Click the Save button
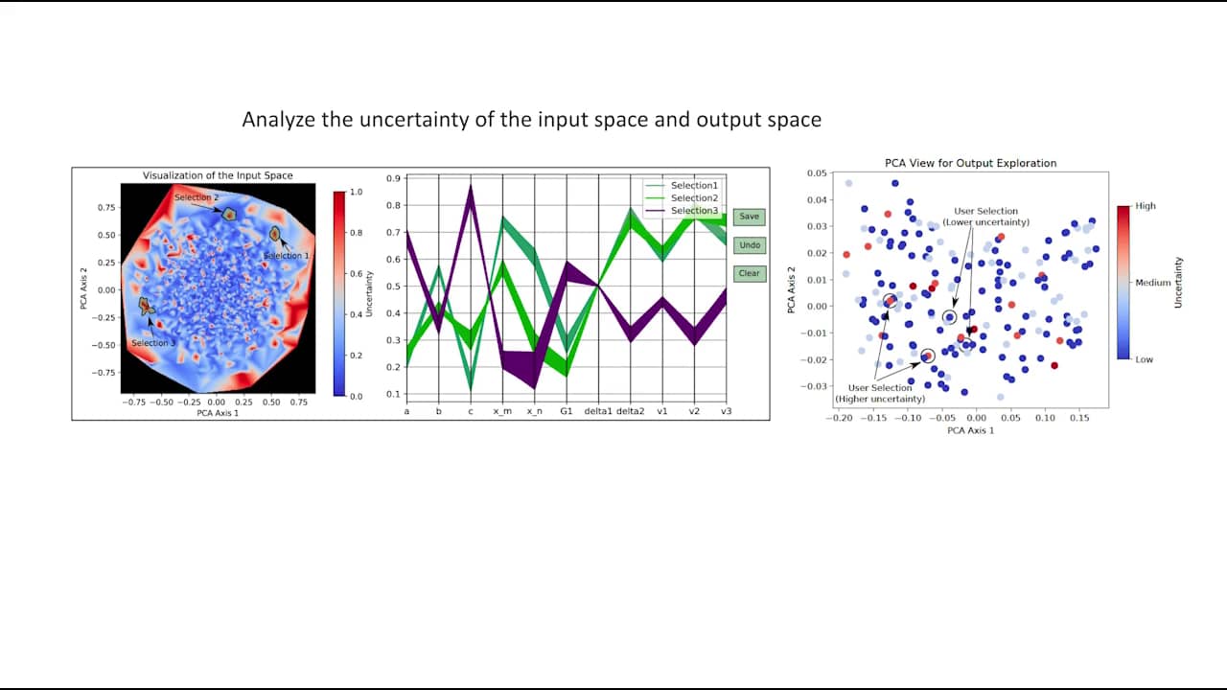click(749, 217)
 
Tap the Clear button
click(749, 273)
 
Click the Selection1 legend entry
click(693, 185)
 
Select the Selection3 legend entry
click(693, 211)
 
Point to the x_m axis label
click(502, 411)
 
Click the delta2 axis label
click(630, 411)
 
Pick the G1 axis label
click(567, 411)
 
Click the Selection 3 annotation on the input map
click(153, 343)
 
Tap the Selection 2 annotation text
click(197, 197)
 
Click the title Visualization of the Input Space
click(218, 175)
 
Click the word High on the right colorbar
click(1146, 206)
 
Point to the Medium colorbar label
click(1153, 283)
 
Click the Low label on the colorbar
click(1145, 359)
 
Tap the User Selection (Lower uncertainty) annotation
click(986, 217)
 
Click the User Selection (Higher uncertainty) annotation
click(880, 393)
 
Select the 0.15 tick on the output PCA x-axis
click(1078, 419)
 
